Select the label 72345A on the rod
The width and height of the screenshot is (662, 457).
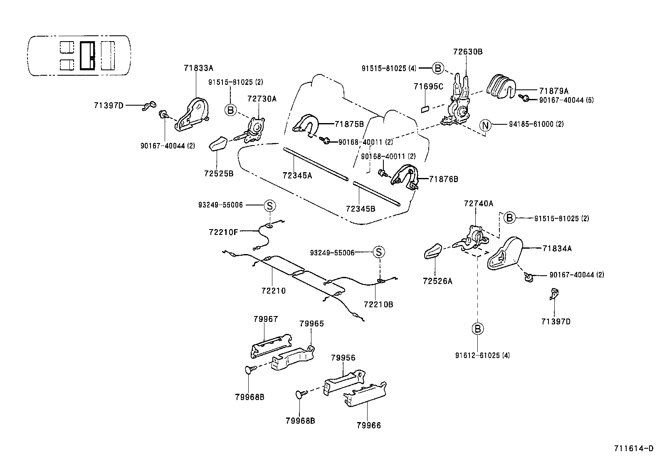click(297, 175)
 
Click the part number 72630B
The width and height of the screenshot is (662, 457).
click(468, 52)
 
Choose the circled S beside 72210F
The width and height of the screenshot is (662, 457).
click(269, 205)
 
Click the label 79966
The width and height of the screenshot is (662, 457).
click(368, 425)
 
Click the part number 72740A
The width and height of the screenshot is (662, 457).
click(478, 203)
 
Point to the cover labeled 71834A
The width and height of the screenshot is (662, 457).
click(504, 254)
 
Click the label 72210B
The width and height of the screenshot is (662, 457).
click(378, 304)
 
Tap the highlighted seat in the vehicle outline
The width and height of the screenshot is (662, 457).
click(87, 55)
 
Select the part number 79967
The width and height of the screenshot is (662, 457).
click(265, 319)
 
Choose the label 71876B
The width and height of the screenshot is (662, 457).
click(443, 179)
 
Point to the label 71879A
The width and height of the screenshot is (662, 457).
click(553, 90)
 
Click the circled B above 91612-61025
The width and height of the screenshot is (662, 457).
click(477, 329)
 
